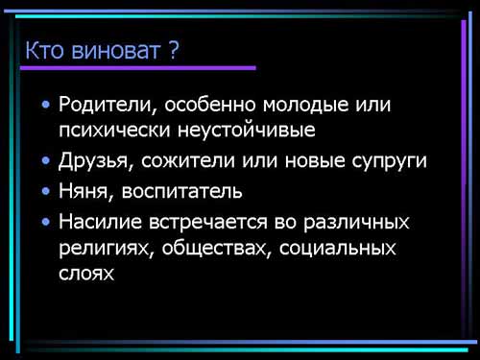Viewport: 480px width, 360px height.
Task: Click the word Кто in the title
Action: point(44,50)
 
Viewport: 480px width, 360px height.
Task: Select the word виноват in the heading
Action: point(115,51)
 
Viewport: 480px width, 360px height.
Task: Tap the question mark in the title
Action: point(173,50)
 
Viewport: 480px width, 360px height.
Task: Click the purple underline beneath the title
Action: point(138,68)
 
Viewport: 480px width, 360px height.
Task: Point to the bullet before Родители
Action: point(46,105)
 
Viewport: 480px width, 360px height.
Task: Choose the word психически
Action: point(114,130)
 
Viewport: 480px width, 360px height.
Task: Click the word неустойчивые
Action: point(247,131)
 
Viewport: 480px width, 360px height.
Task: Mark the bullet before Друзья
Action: point(46,160)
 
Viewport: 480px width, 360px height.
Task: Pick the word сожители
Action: point(188,160)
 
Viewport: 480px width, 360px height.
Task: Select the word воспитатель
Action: point(181,191)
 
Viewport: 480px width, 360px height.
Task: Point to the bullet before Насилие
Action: point(46,222)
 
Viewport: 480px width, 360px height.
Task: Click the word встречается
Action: point(208,222)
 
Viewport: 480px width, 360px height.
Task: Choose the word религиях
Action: point(105,249)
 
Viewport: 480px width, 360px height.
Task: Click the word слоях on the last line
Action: point(86,274)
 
